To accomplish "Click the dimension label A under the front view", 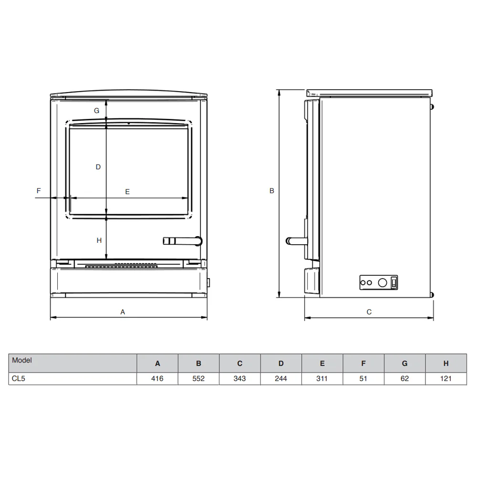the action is click(123, 312).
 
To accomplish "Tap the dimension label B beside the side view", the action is click(272, 191).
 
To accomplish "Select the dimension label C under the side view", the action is click(369, 312).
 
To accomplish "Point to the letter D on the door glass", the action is click(98, 167).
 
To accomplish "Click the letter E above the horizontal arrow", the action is click(127, 192).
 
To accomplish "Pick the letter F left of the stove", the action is click(39, 191).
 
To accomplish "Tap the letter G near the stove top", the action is click(96, 111).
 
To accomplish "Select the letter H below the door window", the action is click(99, 240).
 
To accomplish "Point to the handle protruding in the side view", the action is click(296, 241).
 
